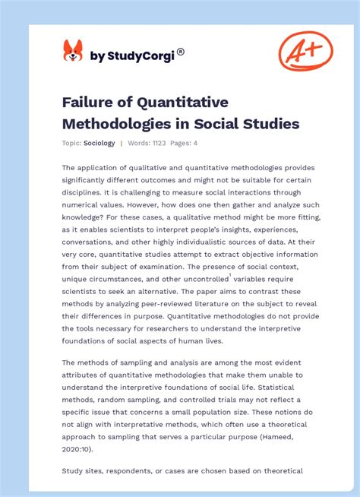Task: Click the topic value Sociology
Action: [99, 143]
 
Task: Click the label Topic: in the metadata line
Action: [72, 143]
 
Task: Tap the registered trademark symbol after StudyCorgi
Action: [181, 52]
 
